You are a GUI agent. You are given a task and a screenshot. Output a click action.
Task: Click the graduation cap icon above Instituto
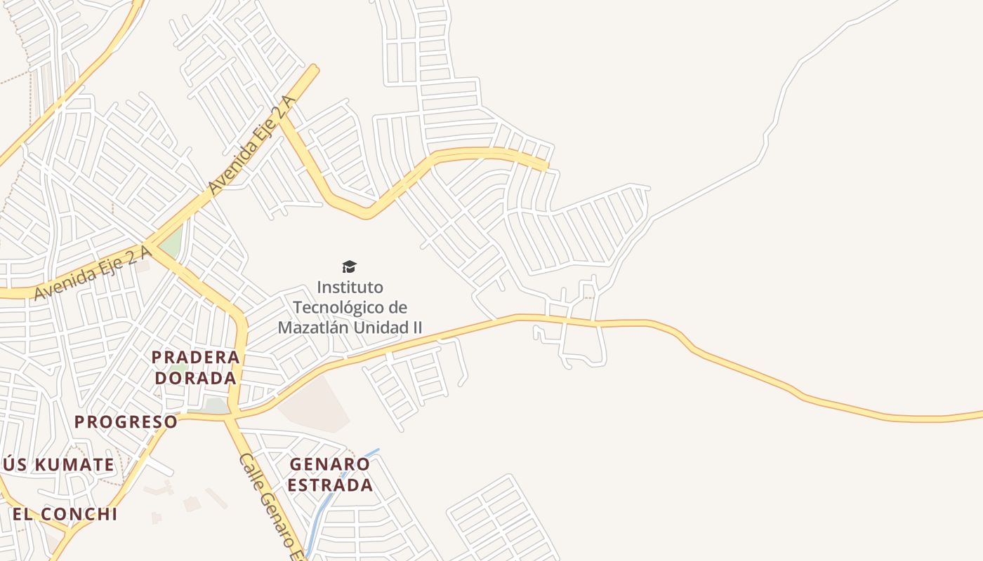(349, 266)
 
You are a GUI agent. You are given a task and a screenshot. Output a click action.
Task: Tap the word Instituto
(350, 288)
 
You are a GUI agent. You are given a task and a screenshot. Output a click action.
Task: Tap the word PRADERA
(196, 357)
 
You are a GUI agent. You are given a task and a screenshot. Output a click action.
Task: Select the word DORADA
(196, 378)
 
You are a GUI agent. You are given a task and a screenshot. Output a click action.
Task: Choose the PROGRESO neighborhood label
(126, 421)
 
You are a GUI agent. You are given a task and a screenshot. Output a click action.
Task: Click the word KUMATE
(74, 464)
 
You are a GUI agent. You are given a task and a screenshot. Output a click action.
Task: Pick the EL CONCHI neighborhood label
(65, 514)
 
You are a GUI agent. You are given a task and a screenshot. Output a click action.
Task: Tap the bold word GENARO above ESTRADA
(329, 464)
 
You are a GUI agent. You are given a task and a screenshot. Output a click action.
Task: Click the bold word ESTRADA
(330, 485)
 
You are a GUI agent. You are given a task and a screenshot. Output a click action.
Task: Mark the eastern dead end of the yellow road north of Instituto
(545, 166)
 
